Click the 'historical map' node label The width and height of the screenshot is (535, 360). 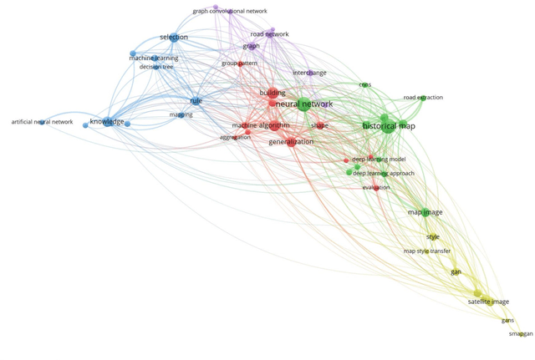coord(389,126)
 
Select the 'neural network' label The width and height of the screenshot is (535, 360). coord(303,104)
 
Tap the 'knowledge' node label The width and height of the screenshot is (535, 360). coord(107,122)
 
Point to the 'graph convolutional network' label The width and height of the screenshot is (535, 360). coord(230,12)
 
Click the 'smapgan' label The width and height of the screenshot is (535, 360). coord(520,334)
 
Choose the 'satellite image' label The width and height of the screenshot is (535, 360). coord(488,302)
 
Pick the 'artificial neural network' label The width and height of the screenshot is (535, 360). coord(42,122)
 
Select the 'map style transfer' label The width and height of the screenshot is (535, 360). coord(427,251)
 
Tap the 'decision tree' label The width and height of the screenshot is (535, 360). coord(156,67)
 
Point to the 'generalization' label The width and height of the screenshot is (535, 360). coord(291,142)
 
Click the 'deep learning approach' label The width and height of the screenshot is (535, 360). coord(383,174)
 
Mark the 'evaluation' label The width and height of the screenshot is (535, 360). coord(376,188)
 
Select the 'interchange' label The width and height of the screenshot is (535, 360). coord(309,73)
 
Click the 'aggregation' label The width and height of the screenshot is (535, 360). coord(235,137)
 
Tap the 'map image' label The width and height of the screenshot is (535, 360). coord(425,212)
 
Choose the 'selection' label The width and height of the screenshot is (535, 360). coord(174,38)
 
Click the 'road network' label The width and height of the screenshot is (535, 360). coord(270,34)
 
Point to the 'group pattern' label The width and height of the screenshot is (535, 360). coord(239,63)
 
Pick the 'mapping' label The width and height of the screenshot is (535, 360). coord(181,115)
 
